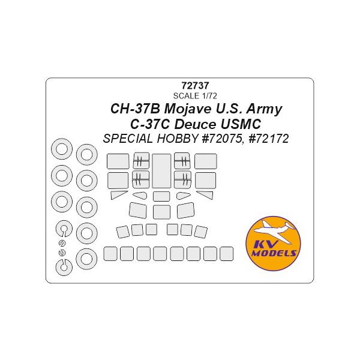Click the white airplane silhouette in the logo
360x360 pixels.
point(273,233)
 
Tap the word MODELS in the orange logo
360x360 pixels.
point(273,254)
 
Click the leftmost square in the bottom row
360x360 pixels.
point(111,253)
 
